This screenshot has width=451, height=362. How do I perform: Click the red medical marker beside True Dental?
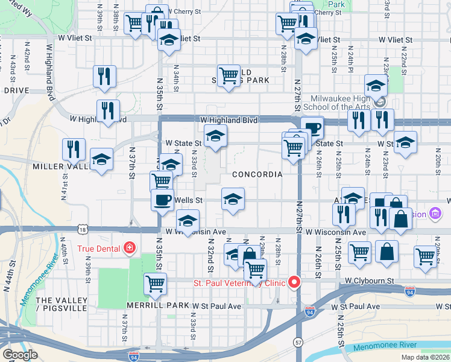coord(128,248)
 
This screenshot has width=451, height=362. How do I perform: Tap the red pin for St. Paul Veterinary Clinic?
coord(295,282)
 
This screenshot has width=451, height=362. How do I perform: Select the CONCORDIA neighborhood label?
coord(257,174)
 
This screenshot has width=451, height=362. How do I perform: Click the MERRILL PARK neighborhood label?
coord(155,306)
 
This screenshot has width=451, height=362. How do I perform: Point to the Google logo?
coord(20,354)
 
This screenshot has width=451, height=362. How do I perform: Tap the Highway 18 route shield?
coord(83,229)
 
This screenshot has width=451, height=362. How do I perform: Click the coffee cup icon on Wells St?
coord(162,200)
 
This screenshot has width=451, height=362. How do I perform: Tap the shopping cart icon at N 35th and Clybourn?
coord(156,282)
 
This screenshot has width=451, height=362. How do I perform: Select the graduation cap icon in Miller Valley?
coord(101,160)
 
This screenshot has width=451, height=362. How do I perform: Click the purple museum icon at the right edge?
coord(435,214)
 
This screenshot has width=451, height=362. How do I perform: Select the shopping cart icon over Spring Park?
coord(229,76)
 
